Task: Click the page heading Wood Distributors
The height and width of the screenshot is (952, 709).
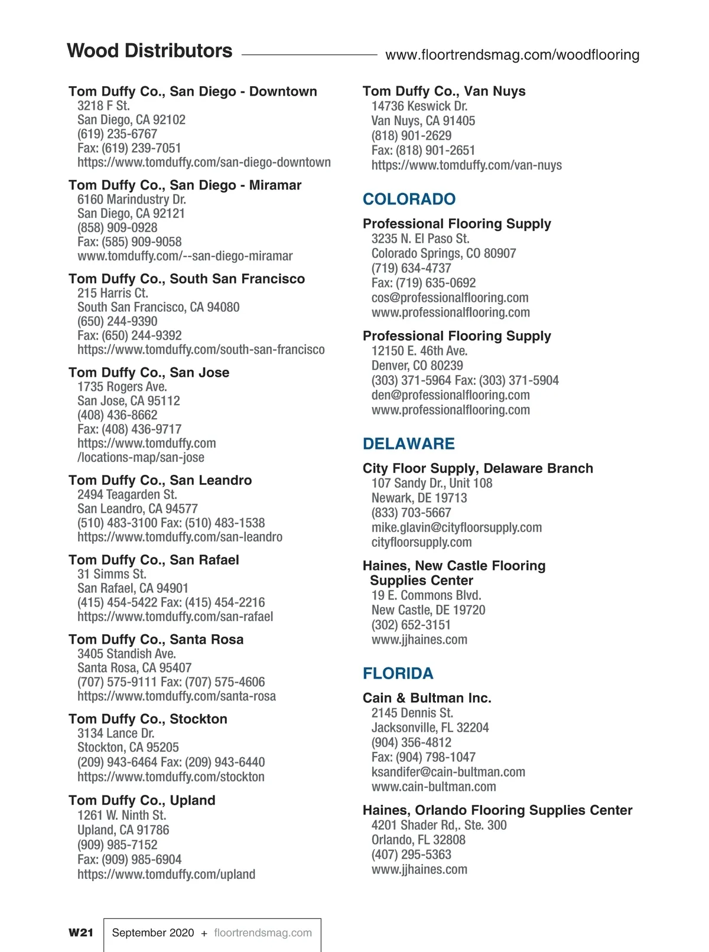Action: pyautogui.click(x=149, y=51)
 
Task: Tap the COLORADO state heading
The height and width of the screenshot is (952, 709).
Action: pyautogui.click(x=409, y=199)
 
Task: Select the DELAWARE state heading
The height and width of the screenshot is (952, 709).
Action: pyautogui.click(x=408, y=444)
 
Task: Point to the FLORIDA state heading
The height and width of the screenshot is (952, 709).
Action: pyautogui.click(x=398, y=673)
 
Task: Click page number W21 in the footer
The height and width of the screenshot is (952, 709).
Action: pyautogui.click(x=81, y=933)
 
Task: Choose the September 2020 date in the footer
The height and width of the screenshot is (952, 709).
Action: pyautogui.click(x=152, y=933)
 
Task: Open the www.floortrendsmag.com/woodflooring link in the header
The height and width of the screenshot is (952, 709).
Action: pyautogui.click(x=512, y=55)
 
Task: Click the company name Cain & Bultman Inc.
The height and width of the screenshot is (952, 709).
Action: pyautogui.click(x=427, y=698)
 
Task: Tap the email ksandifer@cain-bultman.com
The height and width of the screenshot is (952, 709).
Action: pyautogui.click(x=448, y=772)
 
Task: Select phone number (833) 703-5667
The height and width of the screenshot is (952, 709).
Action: pyautogui.click(x=411, y=513)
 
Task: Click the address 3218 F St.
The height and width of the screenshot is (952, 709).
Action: pyautogui.click(x=103, y=106)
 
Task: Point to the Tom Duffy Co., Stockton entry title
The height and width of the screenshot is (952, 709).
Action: pyautogui.click(x=148, y=719)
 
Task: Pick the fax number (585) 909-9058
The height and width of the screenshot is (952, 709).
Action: pyautogui.click(x=141, y=242)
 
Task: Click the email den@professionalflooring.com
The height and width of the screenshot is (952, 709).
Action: pyautogui.click(x=450, y=395)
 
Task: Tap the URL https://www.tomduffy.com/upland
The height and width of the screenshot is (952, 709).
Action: pyautogui.click(x=166, y=874)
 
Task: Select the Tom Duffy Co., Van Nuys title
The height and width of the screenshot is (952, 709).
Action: pyautogui.click(x=444, y=91)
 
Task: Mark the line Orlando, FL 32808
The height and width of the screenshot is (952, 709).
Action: pyautogui.click(x=418, y=840)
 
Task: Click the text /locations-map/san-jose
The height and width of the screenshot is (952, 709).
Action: pyautogui.click(x=141, y=457)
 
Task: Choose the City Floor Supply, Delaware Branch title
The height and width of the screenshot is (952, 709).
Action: pyautogui.click(x=477, y=468)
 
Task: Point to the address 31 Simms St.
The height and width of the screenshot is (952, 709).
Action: pyautogui.click(x=111, y=574)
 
